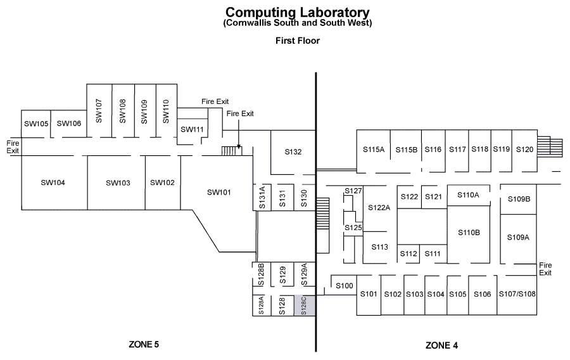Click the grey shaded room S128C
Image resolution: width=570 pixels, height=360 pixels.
(304, 305)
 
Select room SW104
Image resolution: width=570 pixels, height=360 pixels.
(54, 183)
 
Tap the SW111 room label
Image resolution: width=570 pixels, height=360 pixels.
(193, 129)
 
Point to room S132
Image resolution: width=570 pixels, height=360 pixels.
(293, 152)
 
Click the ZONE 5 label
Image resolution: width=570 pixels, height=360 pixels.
(144, 344)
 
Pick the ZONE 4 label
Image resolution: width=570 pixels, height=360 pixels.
(441, 345)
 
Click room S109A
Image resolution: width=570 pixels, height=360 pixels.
(518, 238)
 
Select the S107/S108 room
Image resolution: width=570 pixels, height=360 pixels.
(517, 295)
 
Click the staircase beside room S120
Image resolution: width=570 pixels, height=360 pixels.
(550, 146)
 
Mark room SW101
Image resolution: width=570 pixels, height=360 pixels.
(219, 192)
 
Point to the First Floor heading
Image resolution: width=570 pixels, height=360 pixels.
(298, 41)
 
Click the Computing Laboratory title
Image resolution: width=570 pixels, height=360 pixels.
(298, 13)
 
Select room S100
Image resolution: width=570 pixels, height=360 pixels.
(343, 285)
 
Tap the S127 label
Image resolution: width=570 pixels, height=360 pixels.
(353, 191)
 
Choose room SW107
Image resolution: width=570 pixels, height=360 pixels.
(99, 110)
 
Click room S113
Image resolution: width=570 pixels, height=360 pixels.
(379, 247)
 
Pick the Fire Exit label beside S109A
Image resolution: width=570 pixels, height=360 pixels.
(545, 269)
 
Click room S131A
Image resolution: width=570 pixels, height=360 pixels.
(262, 197)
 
